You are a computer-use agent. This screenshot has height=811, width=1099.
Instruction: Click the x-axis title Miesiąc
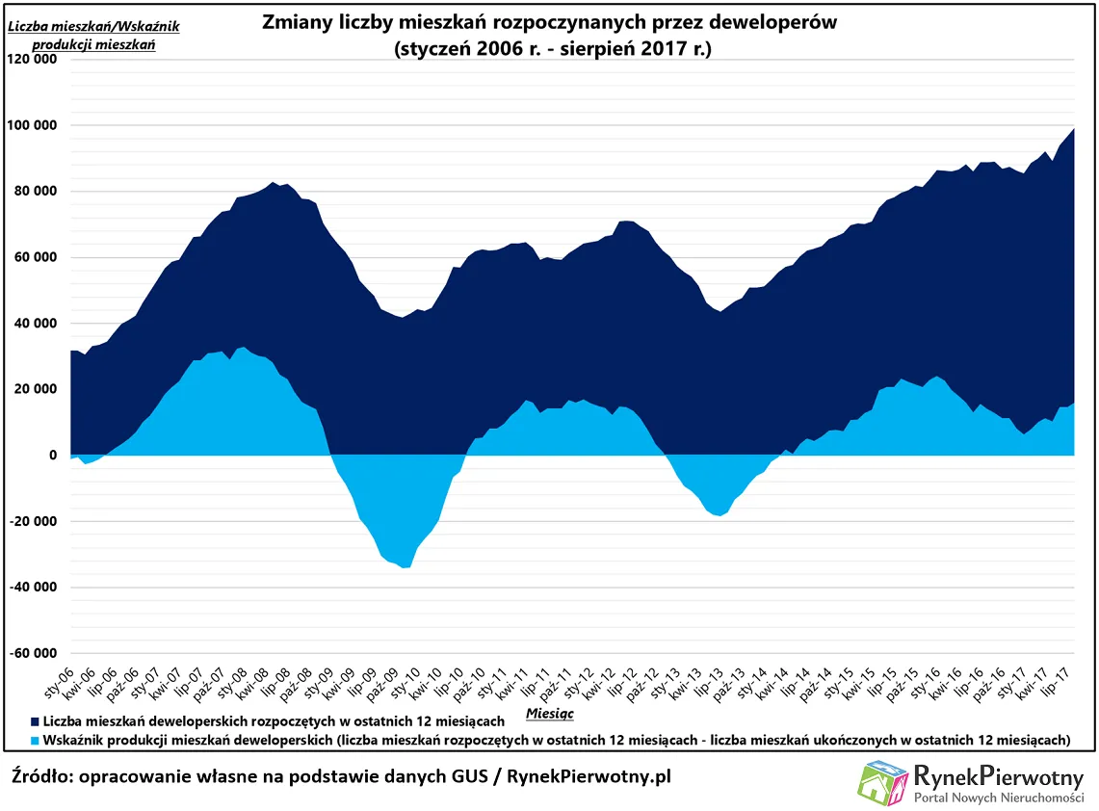click(550, 713)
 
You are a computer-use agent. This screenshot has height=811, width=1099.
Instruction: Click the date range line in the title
click(552, 50)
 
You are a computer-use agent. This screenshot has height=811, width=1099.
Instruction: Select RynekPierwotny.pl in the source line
click(589, 776)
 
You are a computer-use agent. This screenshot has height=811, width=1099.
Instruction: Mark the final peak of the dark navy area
click(1073, 129)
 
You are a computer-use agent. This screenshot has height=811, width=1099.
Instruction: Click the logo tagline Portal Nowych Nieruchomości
click(999, 798)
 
